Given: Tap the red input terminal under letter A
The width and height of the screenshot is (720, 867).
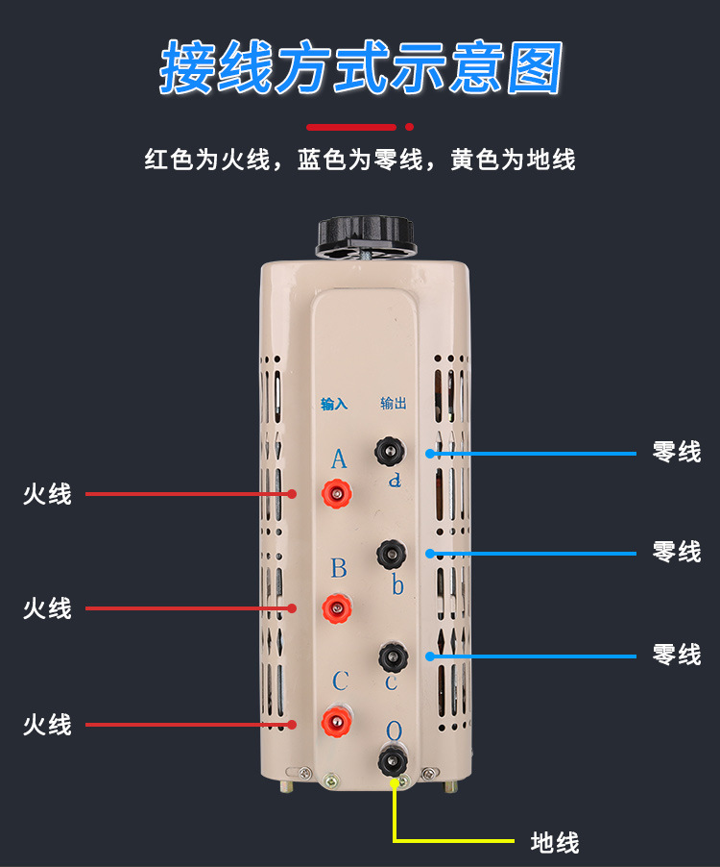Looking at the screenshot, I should (337, 494).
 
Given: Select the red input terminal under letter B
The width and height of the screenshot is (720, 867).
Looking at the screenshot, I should (337, 607).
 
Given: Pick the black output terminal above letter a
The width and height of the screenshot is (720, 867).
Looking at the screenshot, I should (391, 450).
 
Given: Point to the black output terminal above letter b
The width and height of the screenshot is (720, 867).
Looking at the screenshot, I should (391, 553).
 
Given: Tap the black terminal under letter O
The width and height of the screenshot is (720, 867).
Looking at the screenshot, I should (392, 761).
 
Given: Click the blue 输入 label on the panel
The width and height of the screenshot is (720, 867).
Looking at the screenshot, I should (333, 405).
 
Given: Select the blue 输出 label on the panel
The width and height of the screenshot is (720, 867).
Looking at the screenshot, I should (394, 404).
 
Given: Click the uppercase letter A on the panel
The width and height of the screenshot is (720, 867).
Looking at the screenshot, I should (338, 459).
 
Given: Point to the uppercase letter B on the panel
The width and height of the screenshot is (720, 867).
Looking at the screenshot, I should (338, 568).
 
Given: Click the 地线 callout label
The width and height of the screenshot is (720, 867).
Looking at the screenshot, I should (555, 843).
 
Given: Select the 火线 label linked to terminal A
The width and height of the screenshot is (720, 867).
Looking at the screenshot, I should (47, 494).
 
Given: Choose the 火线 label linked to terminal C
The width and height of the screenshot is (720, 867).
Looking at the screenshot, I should (47, 724).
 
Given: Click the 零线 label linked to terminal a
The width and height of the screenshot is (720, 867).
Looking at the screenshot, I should (677, 452).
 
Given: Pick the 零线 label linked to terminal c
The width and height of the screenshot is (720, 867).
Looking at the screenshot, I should (677, 656).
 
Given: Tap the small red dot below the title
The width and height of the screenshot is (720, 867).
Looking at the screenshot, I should (410, 126).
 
